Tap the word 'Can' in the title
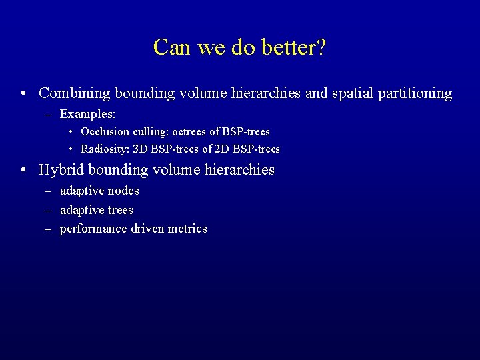click(170, 47)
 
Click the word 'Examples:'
click(88, 115)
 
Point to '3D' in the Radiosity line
click(141, 149)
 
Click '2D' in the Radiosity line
click(222, 149)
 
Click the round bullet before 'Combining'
click(23, 94)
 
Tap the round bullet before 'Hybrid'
click(23, 170)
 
